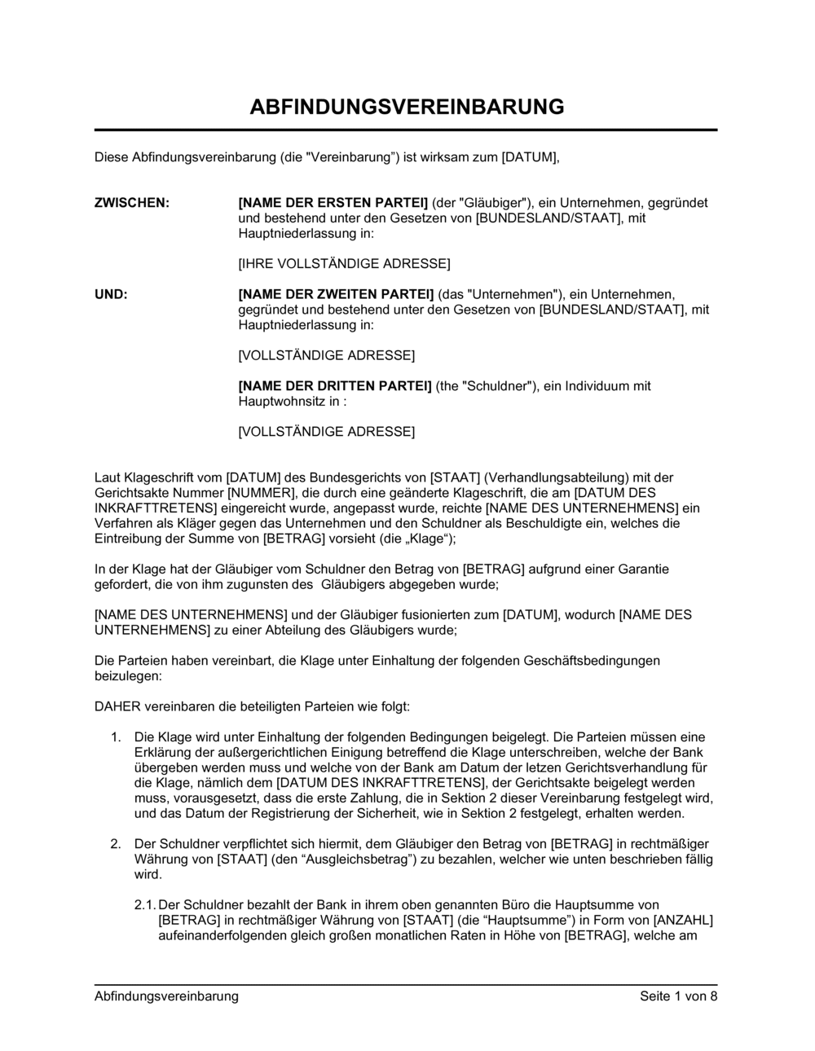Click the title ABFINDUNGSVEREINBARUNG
tap(406, 107)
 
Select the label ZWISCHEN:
tap(132, 203)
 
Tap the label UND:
tap(111, 294)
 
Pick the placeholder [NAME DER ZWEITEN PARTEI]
tap(336, 294)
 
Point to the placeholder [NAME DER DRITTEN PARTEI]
tap(334, 386)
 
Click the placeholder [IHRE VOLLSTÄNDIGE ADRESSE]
tap(343, 264)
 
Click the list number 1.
tap(117, 737)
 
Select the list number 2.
tap(117, 844)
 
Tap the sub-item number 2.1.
tap(144, 905)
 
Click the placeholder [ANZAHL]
tap(684, 921)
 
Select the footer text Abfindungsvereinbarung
tap(166, 996)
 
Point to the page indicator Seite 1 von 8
tap(679, 996)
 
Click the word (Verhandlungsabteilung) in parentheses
tap(559, 477)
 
